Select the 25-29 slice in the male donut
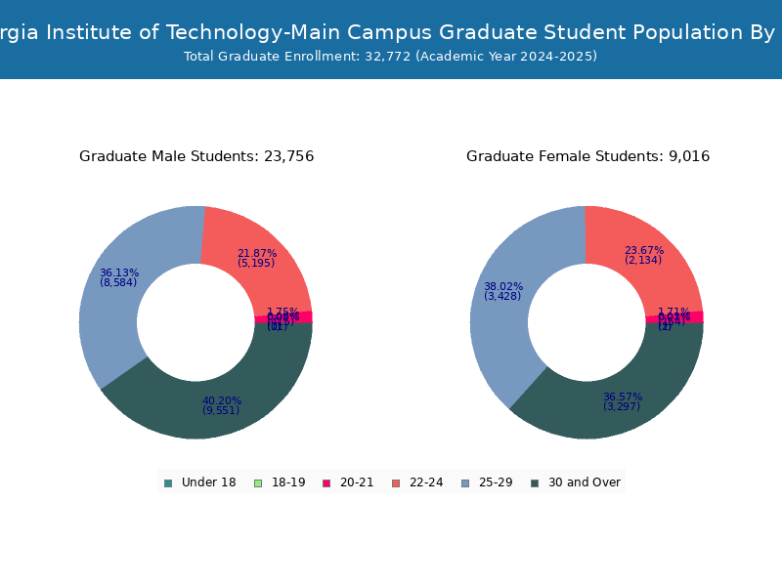point(112,322)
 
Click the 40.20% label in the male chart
point(222,400)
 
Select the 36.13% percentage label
point(119,272)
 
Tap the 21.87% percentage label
point(257,253)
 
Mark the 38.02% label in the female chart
point(503,286)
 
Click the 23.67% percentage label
point(644,249)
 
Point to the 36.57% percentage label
point(623,397)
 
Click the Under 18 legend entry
point(200,482)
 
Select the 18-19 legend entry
point(281,482)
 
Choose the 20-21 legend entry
point(349,482)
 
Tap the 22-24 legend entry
point(417,482)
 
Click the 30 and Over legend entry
point(576,482)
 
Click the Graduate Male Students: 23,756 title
point(196,156)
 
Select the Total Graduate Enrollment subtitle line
point(390,56)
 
